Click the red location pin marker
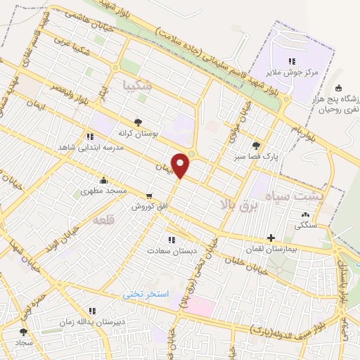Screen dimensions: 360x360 (181, 165)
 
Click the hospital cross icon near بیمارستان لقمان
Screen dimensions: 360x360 (271, 238)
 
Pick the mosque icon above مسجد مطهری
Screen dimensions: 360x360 (104, 179)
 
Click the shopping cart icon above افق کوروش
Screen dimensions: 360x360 (148, 196)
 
